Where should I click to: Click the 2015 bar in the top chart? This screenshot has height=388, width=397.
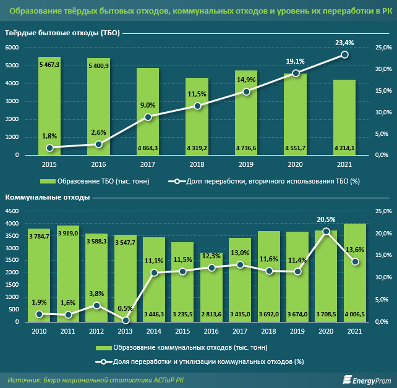(49, 106)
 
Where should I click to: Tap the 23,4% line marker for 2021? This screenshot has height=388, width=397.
(344, 54)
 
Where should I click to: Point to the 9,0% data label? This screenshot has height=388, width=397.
(147, 105)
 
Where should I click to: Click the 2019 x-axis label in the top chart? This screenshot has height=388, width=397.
(246, 165)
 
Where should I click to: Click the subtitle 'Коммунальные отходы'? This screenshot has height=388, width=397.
(48, 197)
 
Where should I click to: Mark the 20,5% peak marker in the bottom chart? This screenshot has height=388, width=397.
(326, 231)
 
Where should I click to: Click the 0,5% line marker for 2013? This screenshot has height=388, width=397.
(126, 321)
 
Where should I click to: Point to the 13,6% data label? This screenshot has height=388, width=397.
(355, 249)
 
